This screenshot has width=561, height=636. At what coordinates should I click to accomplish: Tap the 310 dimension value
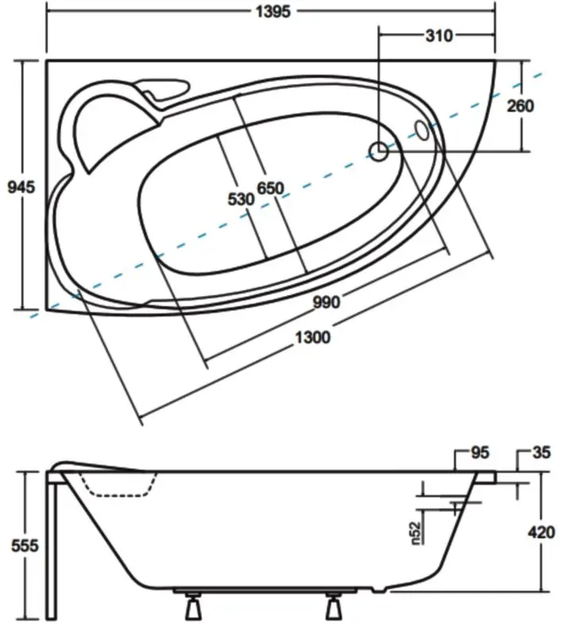tap(438, 36)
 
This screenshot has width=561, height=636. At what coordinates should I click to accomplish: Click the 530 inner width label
tap(241, 200)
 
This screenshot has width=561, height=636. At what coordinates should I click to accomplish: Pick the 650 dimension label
tap(270, 188)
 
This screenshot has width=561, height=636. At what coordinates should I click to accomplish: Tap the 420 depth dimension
tap(540, 533)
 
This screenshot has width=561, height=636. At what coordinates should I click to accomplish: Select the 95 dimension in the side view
tap(479, 454)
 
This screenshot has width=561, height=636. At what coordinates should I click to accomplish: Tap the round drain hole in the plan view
tap(379, 150)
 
